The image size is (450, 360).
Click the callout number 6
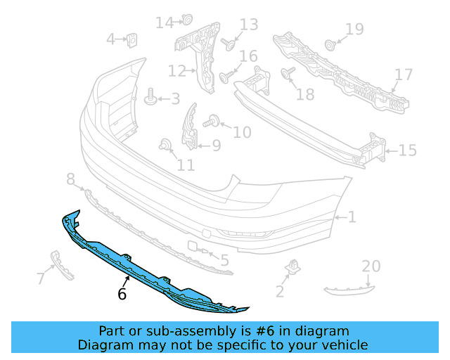pyautogui.click(x=122, y=294)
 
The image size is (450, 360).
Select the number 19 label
pyautogui.click(x=354, y=29)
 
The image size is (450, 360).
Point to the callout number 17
pyautogui.click(x=404, y=75)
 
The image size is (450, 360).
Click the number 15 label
pyautogui.click(x=408, y=150)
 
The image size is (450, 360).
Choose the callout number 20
pyautogui.click(x=371, y=266)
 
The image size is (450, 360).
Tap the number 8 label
pyautogui.click(x=70, y=180)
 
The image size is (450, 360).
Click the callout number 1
pyautogui.click(x=352, y=217)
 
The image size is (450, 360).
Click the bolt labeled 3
pyautogui.click(x=150, y=98)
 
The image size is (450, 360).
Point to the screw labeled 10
pyautogui.click(x=210, y=124)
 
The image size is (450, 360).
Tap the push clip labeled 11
pyautogui.click(x=165, y=146)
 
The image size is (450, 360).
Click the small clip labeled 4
pyautogui.click(x=131, y=40)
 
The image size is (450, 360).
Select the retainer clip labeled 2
pyautogui.click(x=290, y=269)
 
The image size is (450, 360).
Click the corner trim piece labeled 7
pyautogui.click(x=63, y=265)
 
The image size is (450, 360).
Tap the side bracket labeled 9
pyautogui.click(x=191, y=128)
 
